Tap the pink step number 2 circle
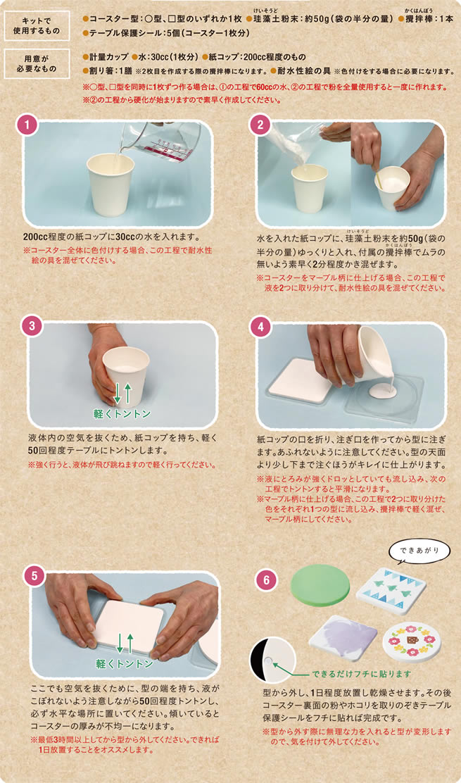pos(260,125)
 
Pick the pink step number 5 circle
pos(34,575)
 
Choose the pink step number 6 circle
pos(265,580)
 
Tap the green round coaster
pos(320,583)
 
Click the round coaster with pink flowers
pos(412,641)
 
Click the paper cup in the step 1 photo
pos(110,184)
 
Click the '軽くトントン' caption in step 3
pos(122,413)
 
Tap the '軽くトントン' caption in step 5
pos(125,664)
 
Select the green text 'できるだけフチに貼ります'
pos(362,674)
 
